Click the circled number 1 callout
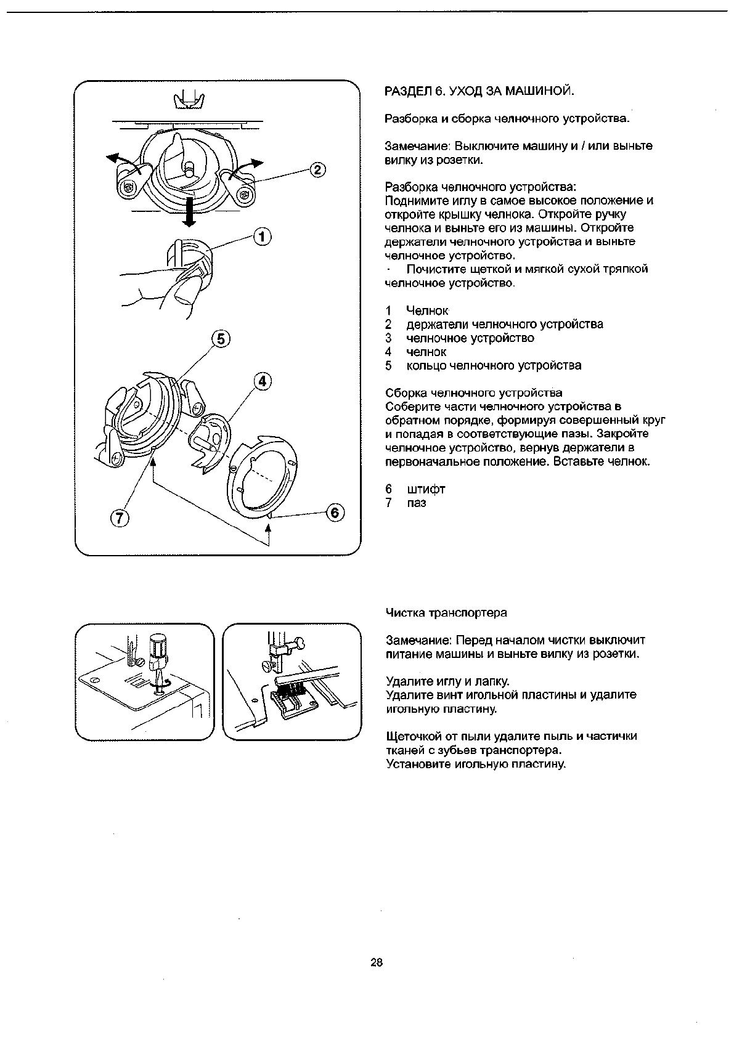point(263,237)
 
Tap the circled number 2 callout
point(316,170)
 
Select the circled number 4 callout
point(263,381)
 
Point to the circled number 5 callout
point(221,338)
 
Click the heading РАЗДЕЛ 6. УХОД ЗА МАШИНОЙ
point(479,92)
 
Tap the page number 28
point(377,962)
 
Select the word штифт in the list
point(425,489)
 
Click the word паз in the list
point(416,503)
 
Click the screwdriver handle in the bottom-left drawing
point(158,649)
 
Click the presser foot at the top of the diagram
point(189,99)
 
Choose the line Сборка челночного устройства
point(473,392)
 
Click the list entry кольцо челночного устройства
point(494,365)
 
